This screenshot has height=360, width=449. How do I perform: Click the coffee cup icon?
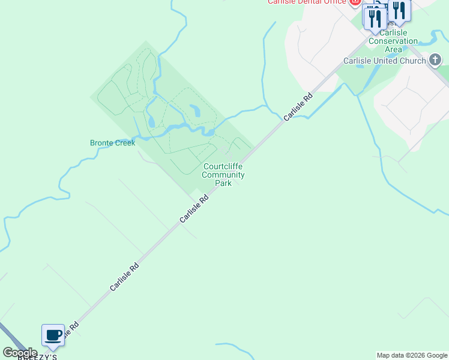[x=53, y=335]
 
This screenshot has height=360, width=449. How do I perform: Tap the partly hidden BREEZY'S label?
[x=37, y=357]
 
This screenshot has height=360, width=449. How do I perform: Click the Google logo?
[x=20, y=353]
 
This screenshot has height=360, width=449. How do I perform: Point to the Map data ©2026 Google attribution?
[x=412, y=355]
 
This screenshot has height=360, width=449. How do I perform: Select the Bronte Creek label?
[x=113, y=143]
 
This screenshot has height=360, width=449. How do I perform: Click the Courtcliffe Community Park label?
[x=223, y=175]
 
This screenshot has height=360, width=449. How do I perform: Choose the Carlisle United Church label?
[x=384, y=61]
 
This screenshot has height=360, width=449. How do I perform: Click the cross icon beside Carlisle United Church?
[x=436, y=60]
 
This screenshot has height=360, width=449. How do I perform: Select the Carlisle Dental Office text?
[x=307, y=2]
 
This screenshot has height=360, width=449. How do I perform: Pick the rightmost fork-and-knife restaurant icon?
[x=399, y=10]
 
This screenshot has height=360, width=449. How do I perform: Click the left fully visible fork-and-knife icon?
[x=375, y=17]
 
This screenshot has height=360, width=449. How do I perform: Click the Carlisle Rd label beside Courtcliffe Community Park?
[x=194, y=208]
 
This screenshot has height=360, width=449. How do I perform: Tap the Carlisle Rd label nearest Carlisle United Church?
[x=298, y=106]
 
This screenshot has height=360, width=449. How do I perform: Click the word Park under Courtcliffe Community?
[x=223, y=183]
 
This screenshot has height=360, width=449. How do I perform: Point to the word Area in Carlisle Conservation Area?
[x=393, y=49]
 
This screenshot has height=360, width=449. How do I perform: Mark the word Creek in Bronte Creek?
[x=125, y=143]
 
